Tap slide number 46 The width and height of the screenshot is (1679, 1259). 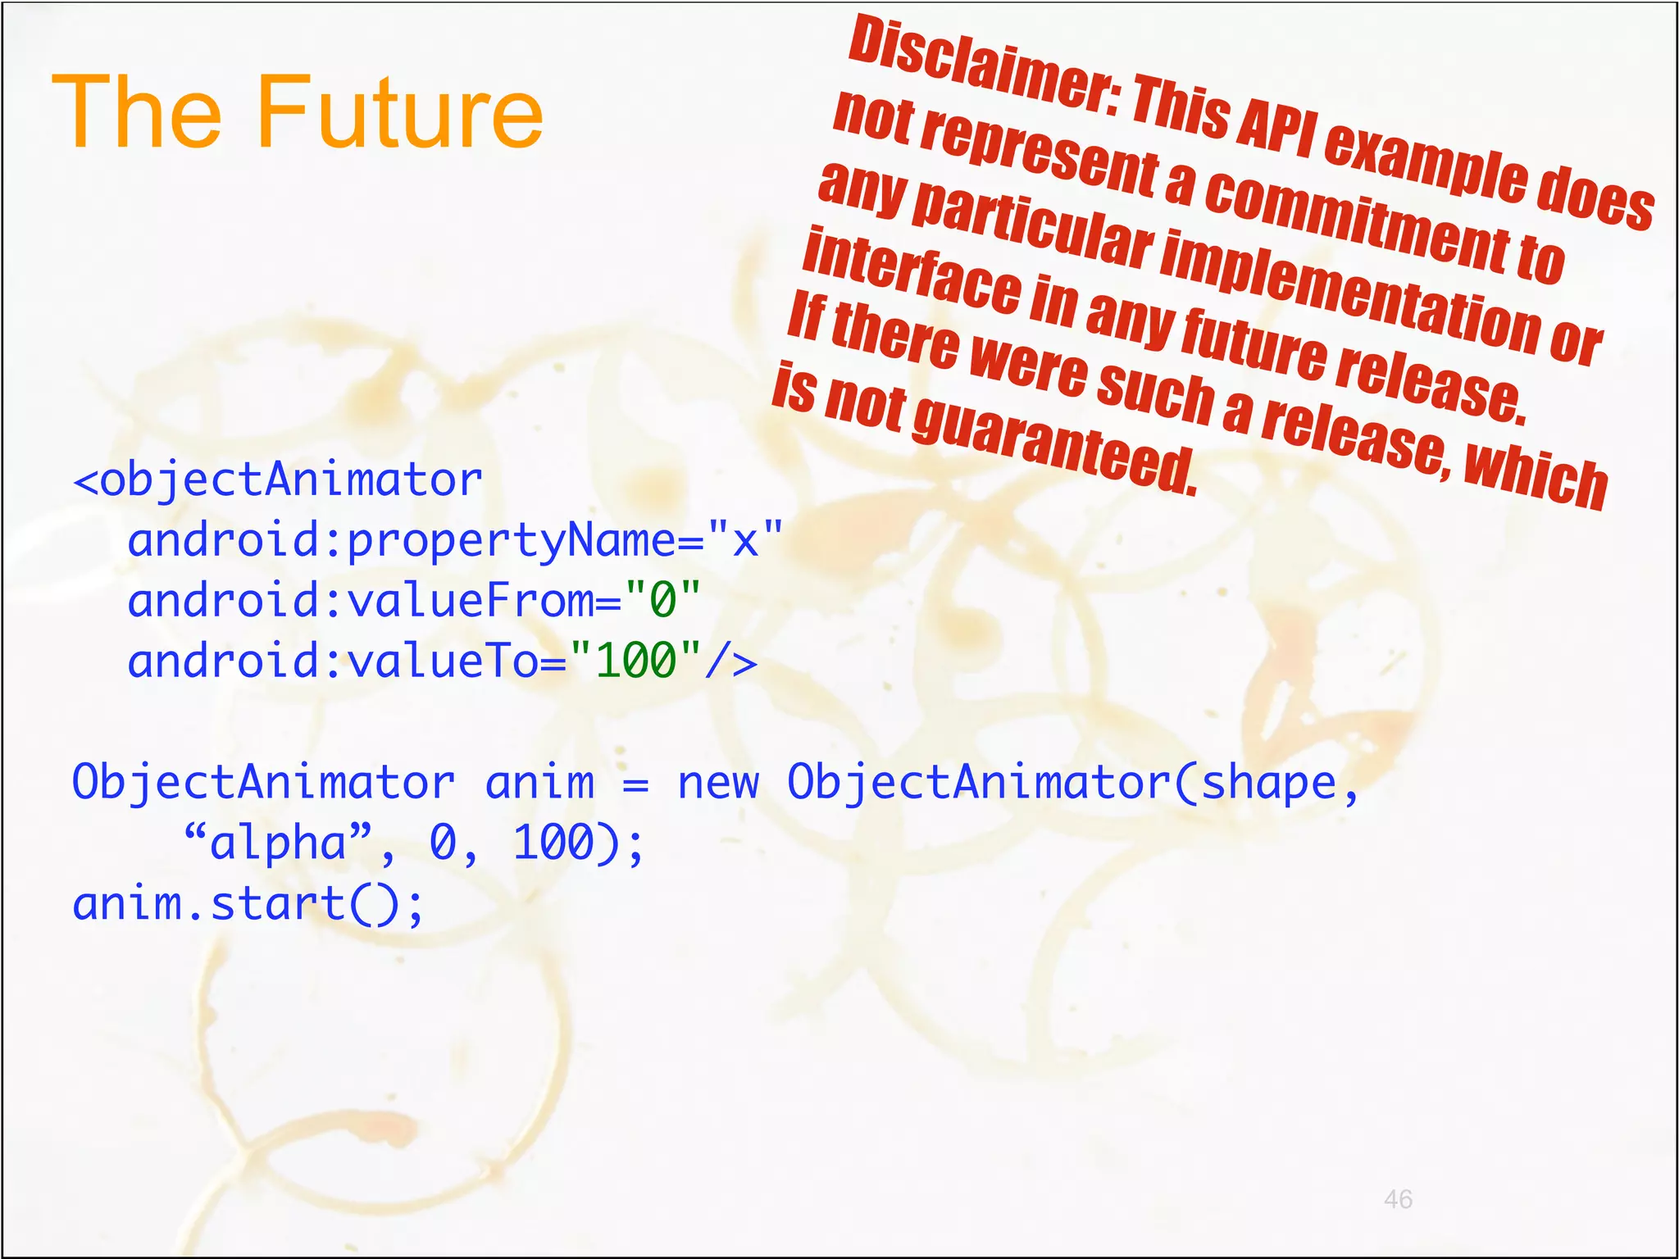click(x=1397, y=1199)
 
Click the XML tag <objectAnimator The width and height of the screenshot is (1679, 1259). click(x=278, y=480)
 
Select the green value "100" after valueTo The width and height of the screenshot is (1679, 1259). click(x=635, y=661)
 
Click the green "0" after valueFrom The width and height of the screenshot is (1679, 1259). click(x=662, y=600)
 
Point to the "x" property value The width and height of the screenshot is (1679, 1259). click(x=745, y=540)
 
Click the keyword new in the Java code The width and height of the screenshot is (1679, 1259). click(x=718, y=783)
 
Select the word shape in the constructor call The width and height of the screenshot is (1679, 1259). click(x=1268, y=783)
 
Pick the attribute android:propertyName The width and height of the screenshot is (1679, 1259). click(x=402, y=541)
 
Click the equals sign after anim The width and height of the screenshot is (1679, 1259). click(x=635, y=784)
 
